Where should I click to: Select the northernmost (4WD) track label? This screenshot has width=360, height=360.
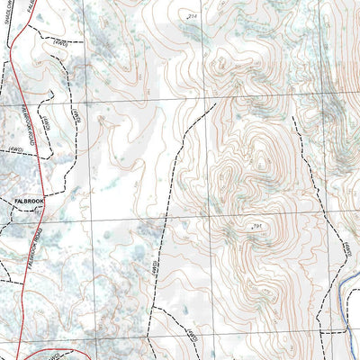(61, 40)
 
